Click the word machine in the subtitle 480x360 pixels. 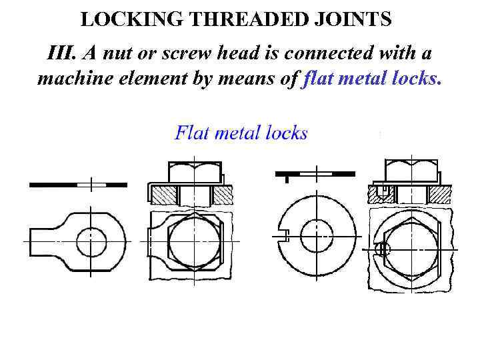pyautogui.click(x=71, y=79)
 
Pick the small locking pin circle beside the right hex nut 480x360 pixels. pyautogui.click(x=381, y=250)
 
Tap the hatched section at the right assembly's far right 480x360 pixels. pyautogui.click(x=439, y=195)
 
